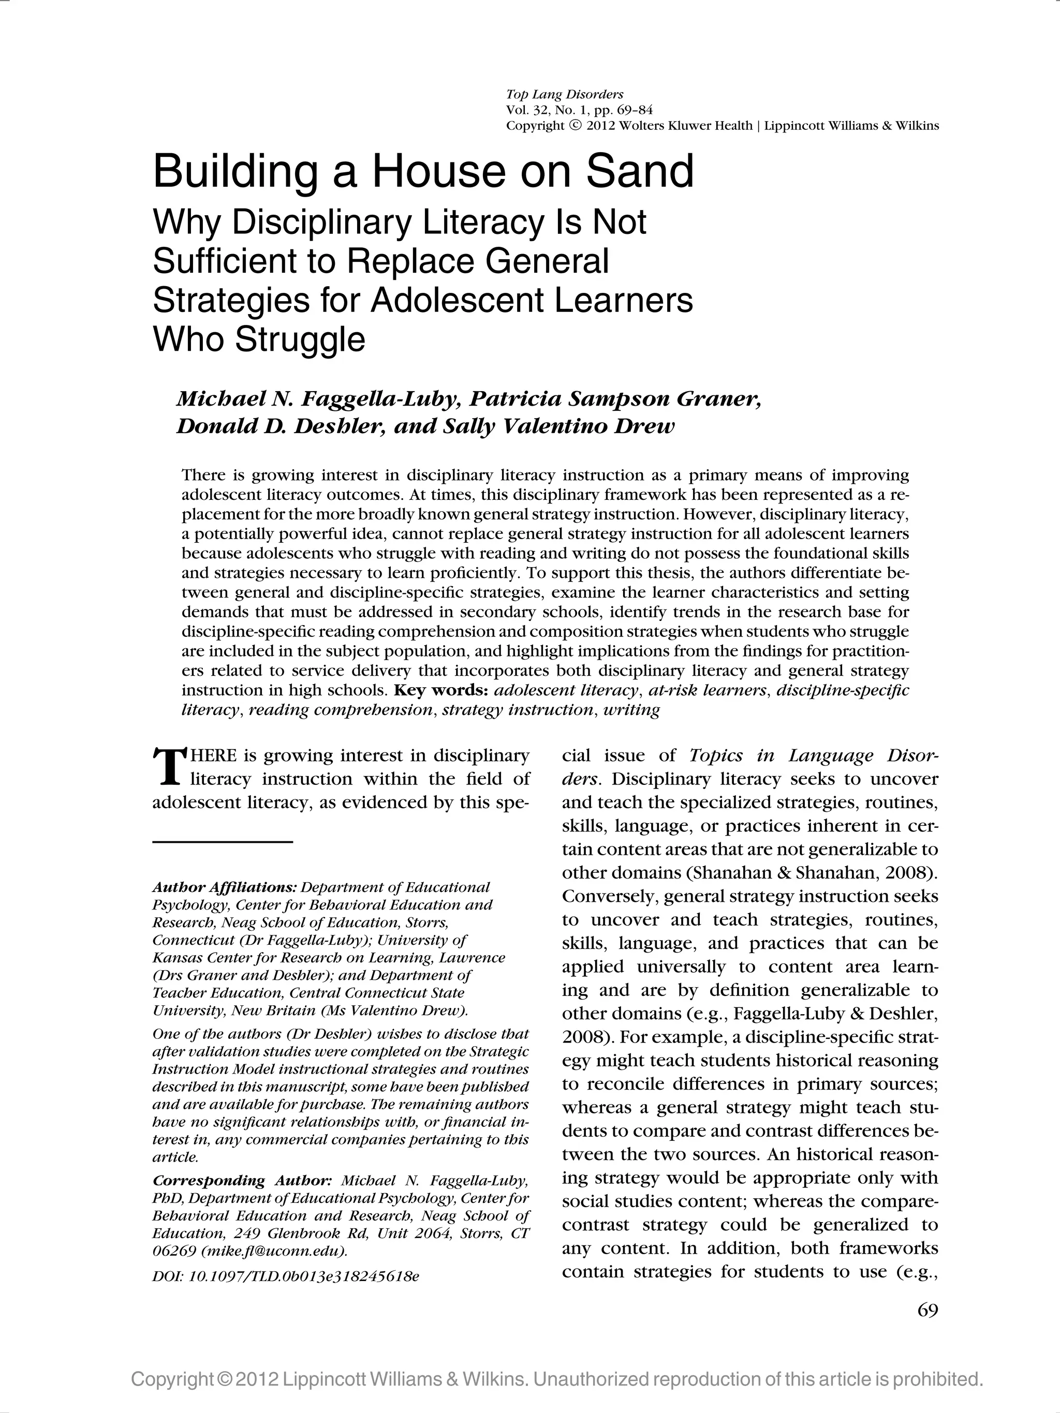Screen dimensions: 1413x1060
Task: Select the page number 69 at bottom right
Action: [927, 1311]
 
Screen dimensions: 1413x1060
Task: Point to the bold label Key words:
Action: [441, 691]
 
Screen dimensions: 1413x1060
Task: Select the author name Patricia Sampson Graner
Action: [615, 399]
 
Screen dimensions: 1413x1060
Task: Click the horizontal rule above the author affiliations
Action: [223, 842]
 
